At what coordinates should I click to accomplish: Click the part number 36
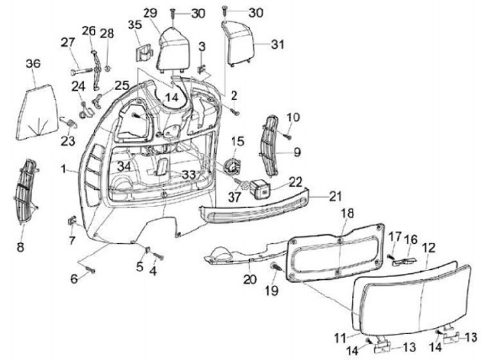tap(33, 63)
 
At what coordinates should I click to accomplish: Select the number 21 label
tap(334, 196)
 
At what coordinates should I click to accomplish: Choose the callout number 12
tap(428, 247)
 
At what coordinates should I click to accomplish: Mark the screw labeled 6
tap(91, 271)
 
